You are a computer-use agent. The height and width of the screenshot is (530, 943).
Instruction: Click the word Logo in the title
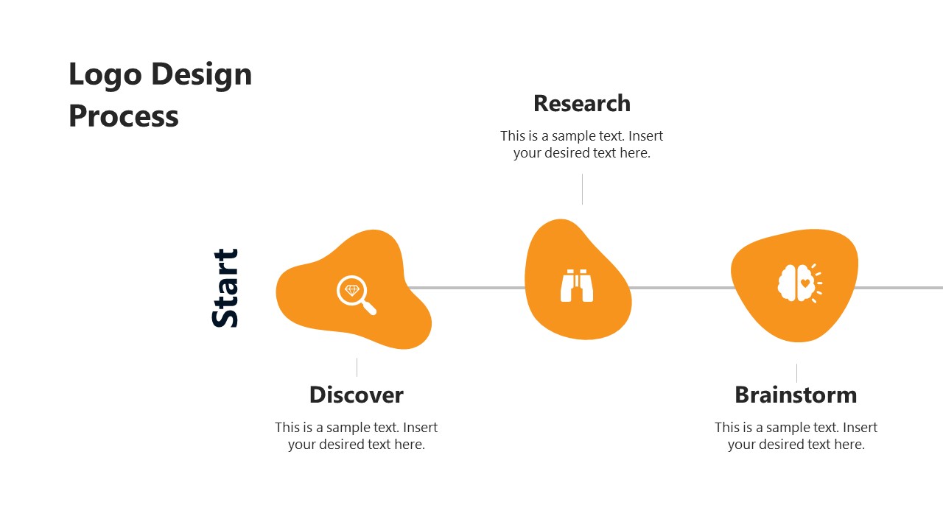[105, 75]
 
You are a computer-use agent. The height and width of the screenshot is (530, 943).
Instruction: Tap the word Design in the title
[202, 75]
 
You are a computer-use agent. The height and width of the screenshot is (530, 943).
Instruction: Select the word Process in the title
[124, 116]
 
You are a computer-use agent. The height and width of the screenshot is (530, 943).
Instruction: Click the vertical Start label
[225, 288]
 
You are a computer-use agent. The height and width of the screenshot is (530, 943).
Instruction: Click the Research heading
[582, 104]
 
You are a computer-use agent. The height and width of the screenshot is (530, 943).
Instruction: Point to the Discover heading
[357, 395]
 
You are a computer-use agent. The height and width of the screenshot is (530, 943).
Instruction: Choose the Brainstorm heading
[796, 395]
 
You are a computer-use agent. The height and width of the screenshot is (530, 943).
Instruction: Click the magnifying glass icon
[356, 294]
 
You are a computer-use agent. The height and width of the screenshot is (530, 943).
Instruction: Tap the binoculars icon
[577, 286]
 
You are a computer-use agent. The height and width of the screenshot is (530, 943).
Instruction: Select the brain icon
[799, 283]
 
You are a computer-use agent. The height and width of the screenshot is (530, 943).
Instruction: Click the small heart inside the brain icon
[805, 283]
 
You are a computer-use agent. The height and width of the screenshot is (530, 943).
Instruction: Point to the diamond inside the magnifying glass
[352, 290]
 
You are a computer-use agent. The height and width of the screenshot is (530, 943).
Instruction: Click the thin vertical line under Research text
[582, 189]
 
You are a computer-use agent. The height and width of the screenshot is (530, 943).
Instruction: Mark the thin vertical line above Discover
[357, 367]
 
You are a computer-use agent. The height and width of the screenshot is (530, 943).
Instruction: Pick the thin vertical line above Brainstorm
[796, 373]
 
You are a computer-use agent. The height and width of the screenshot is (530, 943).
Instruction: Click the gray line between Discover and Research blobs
[466, 288]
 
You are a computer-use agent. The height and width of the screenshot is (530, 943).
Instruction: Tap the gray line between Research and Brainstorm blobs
[681, 288]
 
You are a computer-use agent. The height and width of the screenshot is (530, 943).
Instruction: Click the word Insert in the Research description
[646, 136]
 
